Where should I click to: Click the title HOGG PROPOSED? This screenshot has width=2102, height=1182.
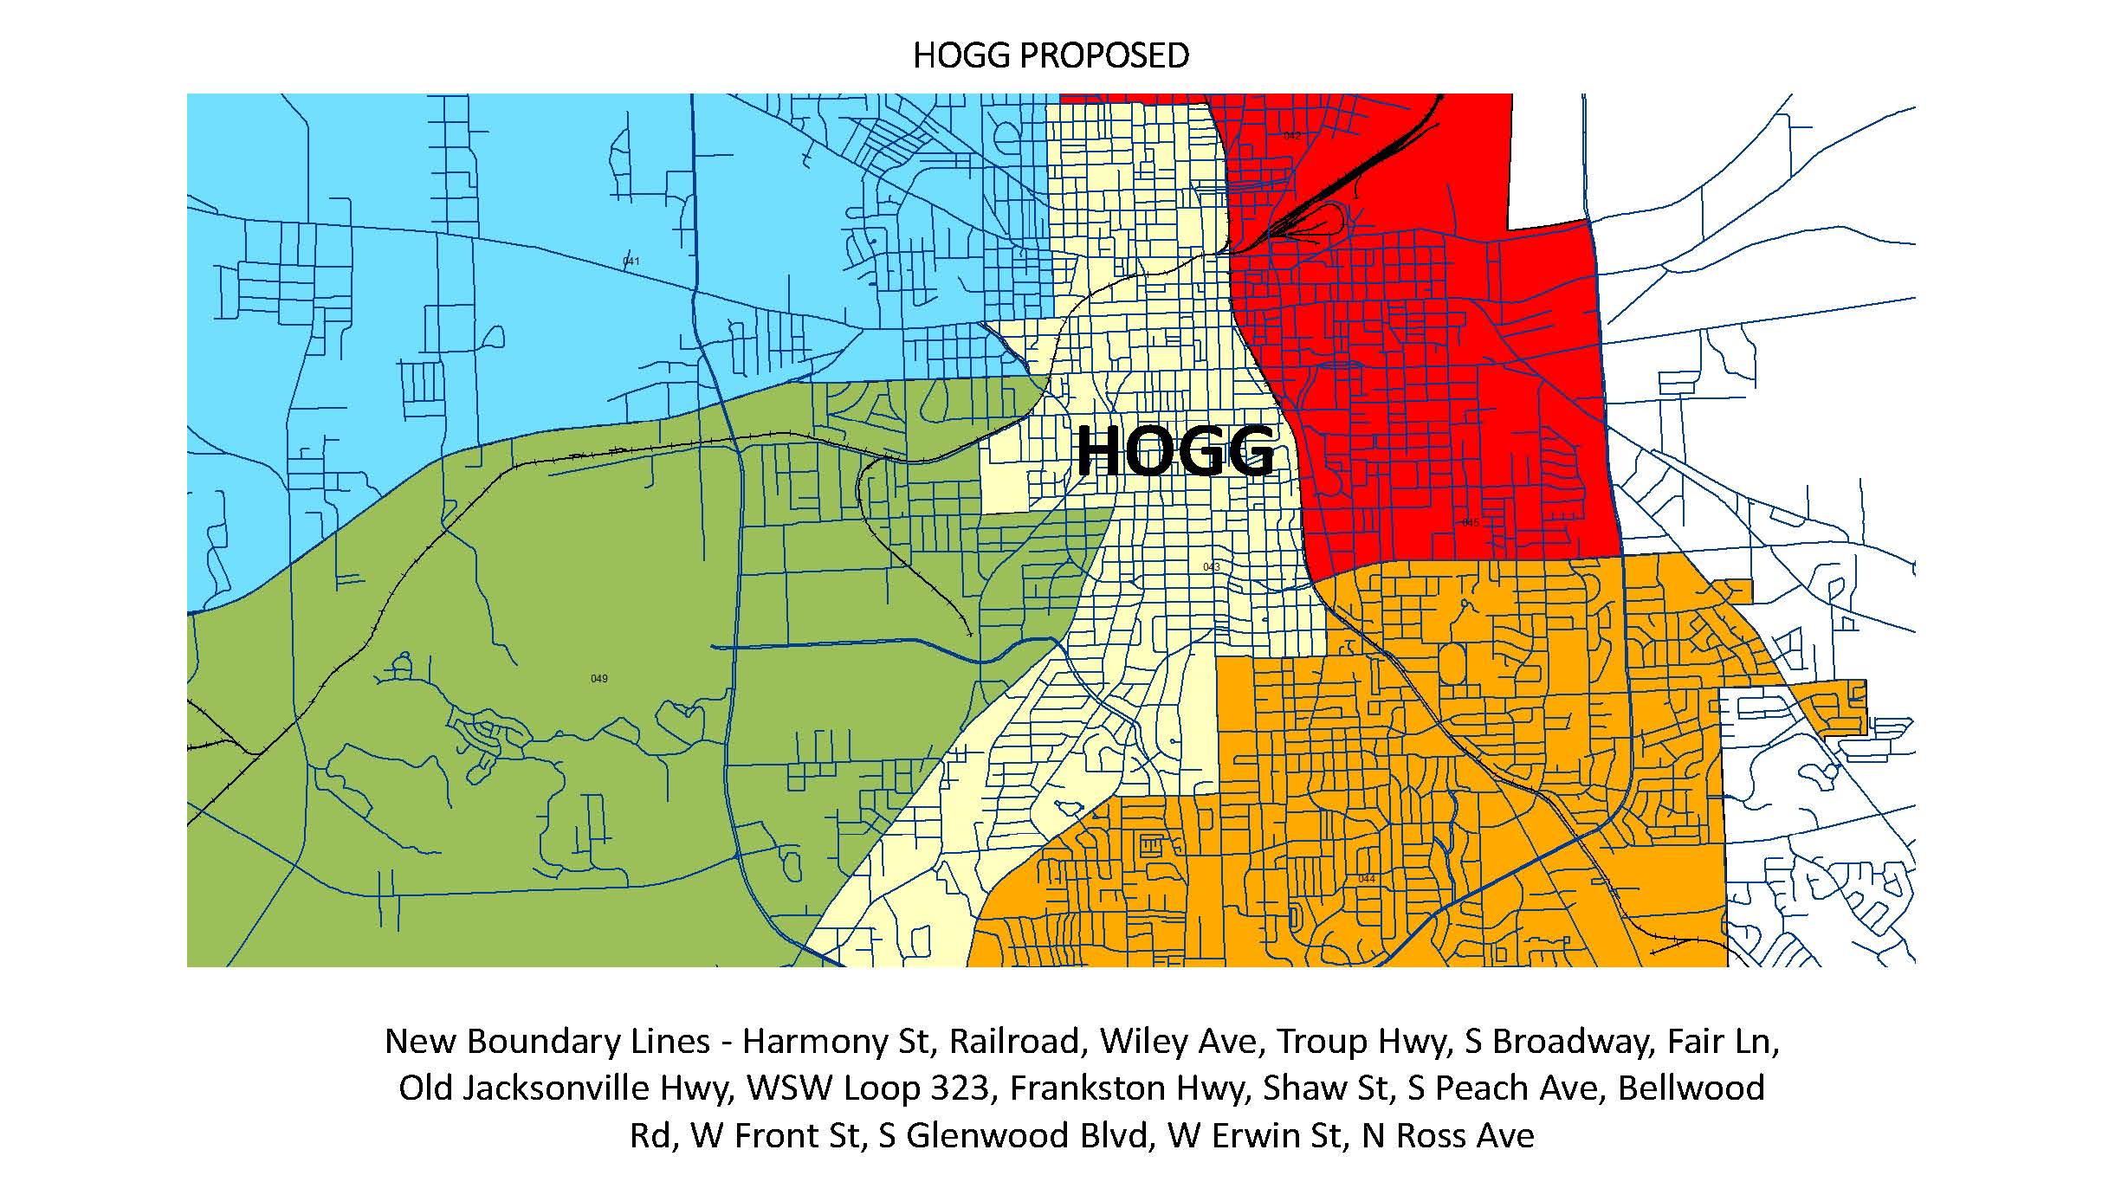click(x=1051, y=55)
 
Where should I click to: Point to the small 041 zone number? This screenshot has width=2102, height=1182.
click(x=631, y=262)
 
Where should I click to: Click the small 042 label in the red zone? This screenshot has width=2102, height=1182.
click(x=1291, y=136)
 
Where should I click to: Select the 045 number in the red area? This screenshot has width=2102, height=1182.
click(x=1470, y=523)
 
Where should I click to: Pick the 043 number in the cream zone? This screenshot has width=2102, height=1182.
click(x=1211, y=567)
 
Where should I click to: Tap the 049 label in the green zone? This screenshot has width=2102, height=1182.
click(x=598, y=679)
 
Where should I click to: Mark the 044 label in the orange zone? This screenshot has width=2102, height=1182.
click(x=1366, y=879)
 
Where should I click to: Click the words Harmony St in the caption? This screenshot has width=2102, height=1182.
click(x=835, y=1041)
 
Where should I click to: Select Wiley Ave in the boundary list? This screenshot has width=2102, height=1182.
click(x=1178, y=1041)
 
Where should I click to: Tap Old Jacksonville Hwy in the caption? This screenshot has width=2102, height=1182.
click(x=566, y=1088)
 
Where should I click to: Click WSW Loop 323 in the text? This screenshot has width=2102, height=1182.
click(x=868, y=1088)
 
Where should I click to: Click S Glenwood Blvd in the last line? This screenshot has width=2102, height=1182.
click(x=1012, y=1135)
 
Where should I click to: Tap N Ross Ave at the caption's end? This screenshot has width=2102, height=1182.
click(x=1447, y=1135)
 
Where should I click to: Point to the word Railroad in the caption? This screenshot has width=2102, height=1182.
click(x=1017, y=1041)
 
